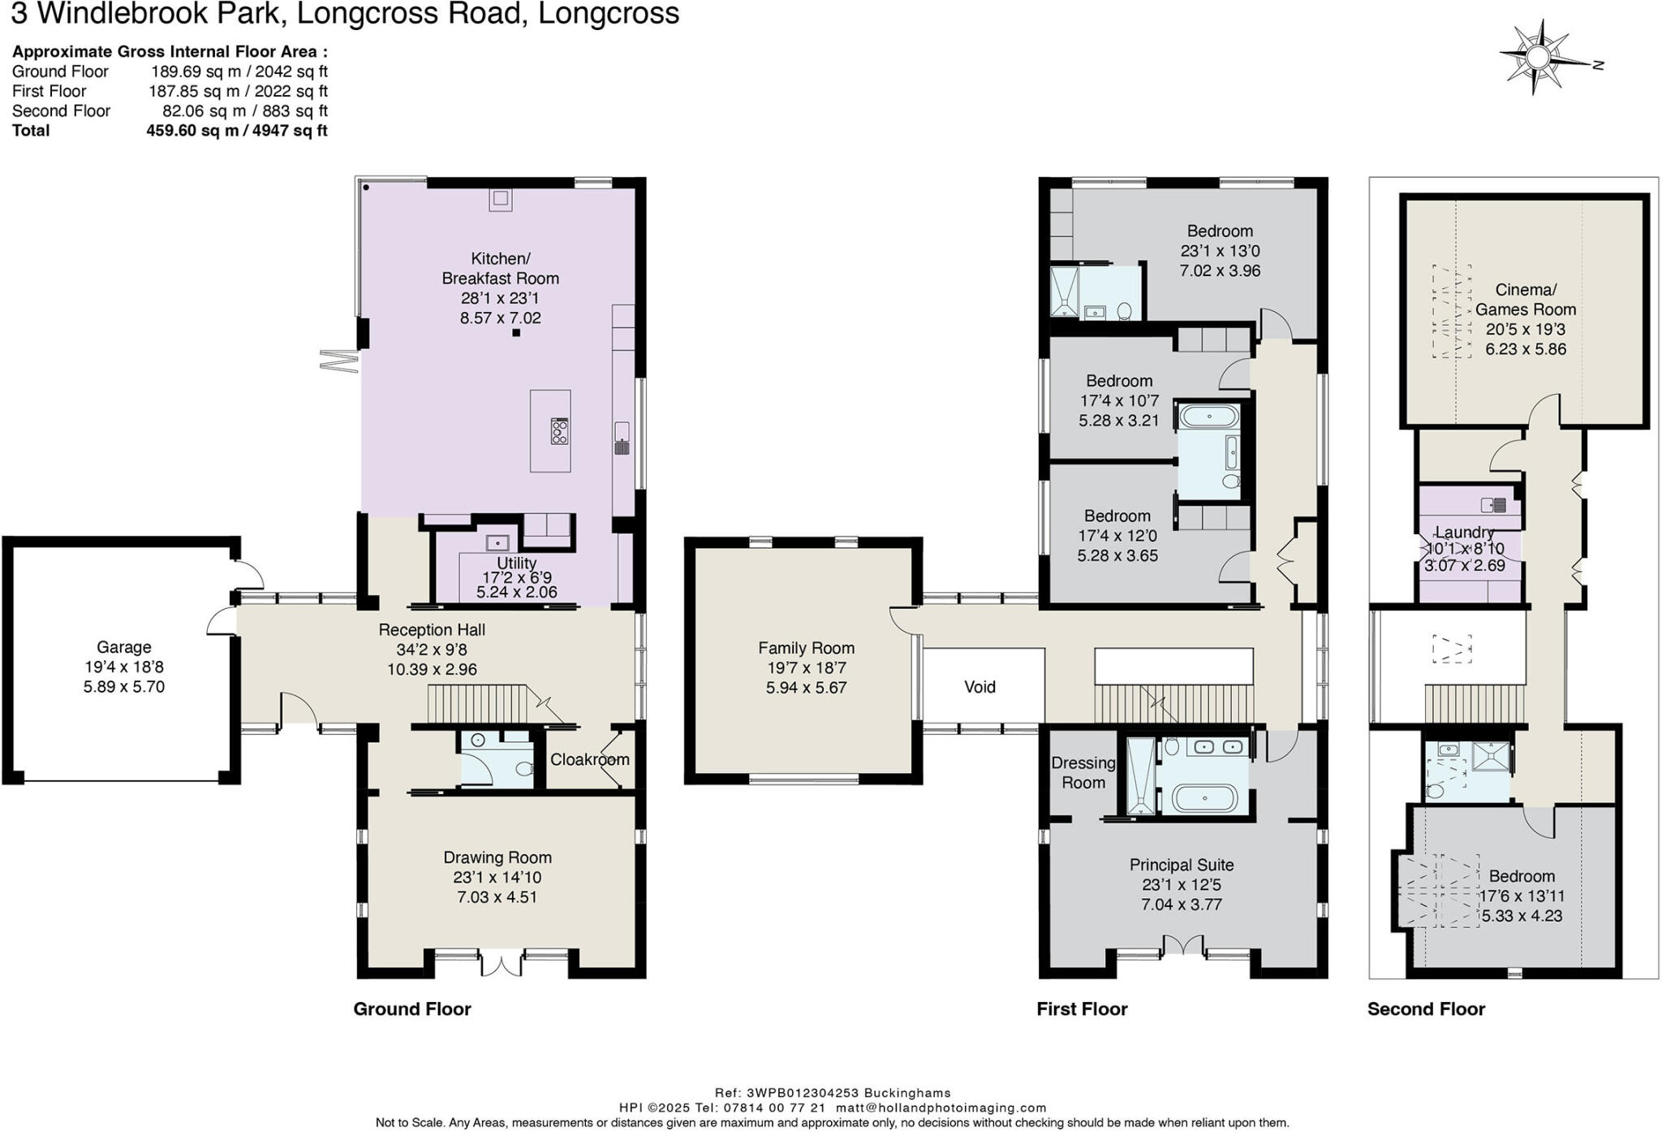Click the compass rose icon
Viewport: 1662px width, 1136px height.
[x=1538, y=58]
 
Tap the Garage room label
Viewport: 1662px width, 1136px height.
[x=123, y=647]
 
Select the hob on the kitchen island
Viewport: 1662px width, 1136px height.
[x=559, y=430]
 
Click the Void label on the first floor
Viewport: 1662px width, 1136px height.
[x=980, y=687]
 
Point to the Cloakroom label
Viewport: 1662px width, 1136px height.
[x=589, y=759]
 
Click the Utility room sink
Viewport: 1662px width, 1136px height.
[x=497, y=542]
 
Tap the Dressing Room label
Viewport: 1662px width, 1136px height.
[x=1083, y=772]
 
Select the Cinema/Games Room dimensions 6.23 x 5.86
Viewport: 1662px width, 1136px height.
[x=1525, y=349]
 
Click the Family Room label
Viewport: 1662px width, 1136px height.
[x=806, y=648]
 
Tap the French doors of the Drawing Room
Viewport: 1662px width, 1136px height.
[x=502, y=964]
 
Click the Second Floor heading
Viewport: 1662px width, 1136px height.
[x=1426, y=1009]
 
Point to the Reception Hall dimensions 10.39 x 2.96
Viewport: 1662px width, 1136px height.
[x=432, y=670]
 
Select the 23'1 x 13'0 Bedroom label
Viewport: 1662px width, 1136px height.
[x=1220, y=231]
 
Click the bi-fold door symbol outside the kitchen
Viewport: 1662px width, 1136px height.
[x=338, y=361]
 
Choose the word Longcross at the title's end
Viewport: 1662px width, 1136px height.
[x=609, y=14]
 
